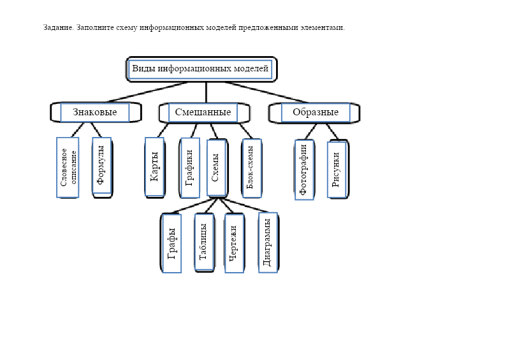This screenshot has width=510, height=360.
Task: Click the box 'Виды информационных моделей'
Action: (201, 69)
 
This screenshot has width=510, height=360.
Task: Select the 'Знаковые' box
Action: (94, 112)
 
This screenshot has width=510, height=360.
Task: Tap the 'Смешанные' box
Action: (203, 112)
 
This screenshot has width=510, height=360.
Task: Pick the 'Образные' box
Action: (315, 112)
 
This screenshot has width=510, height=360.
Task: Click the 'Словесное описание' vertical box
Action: (68, 167)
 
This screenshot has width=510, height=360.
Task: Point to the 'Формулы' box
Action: (101, 165)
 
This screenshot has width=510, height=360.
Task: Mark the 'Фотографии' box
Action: (304, 169)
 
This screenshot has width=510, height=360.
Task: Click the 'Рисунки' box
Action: (337, 169)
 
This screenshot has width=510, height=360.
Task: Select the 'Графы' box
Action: (171, 243)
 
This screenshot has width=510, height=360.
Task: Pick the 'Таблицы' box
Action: (203, 243)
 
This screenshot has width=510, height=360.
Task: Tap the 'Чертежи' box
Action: (234, 243)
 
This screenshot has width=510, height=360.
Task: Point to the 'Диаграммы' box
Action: (268, 242)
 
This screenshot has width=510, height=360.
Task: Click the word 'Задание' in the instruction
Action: (58, 28)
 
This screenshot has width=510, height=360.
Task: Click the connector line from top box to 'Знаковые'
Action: (147, 92)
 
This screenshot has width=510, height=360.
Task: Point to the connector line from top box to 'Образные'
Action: (265, 92)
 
